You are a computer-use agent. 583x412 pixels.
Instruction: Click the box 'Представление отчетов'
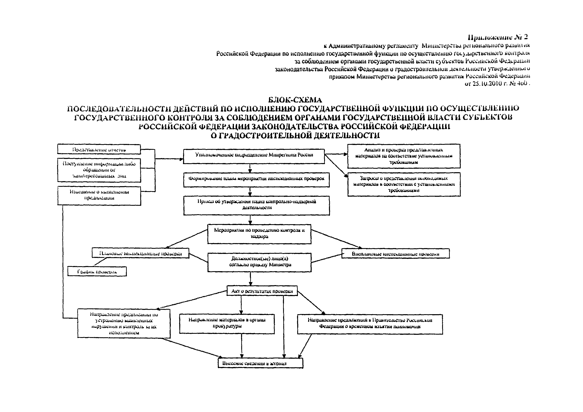coord(99,149)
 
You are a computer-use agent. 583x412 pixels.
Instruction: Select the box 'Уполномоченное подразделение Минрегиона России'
coord(254,156)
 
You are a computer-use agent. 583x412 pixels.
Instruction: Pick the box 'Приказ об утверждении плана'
coord(257,205)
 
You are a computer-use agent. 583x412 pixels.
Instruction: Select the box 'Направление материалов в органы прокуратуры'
coord(227,324)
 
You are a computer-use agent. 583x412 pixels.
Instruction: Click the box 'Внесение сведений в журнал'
coord(260,363)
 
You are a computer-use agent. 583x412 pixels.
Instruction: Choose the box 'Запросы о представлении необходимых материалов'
coord(404,184)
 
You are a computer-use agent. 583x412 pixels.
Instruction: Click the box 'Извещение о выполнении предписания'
coord(99,195)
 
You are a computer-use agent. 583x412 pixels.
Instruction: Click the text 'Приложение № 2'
coord(497,37)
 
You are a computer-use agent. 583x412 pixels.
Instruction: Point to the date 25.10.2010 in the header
coord(487,84)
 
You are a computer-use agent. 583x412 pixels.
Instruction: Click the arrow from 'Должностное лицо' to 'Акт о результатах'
coord(250,279)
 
